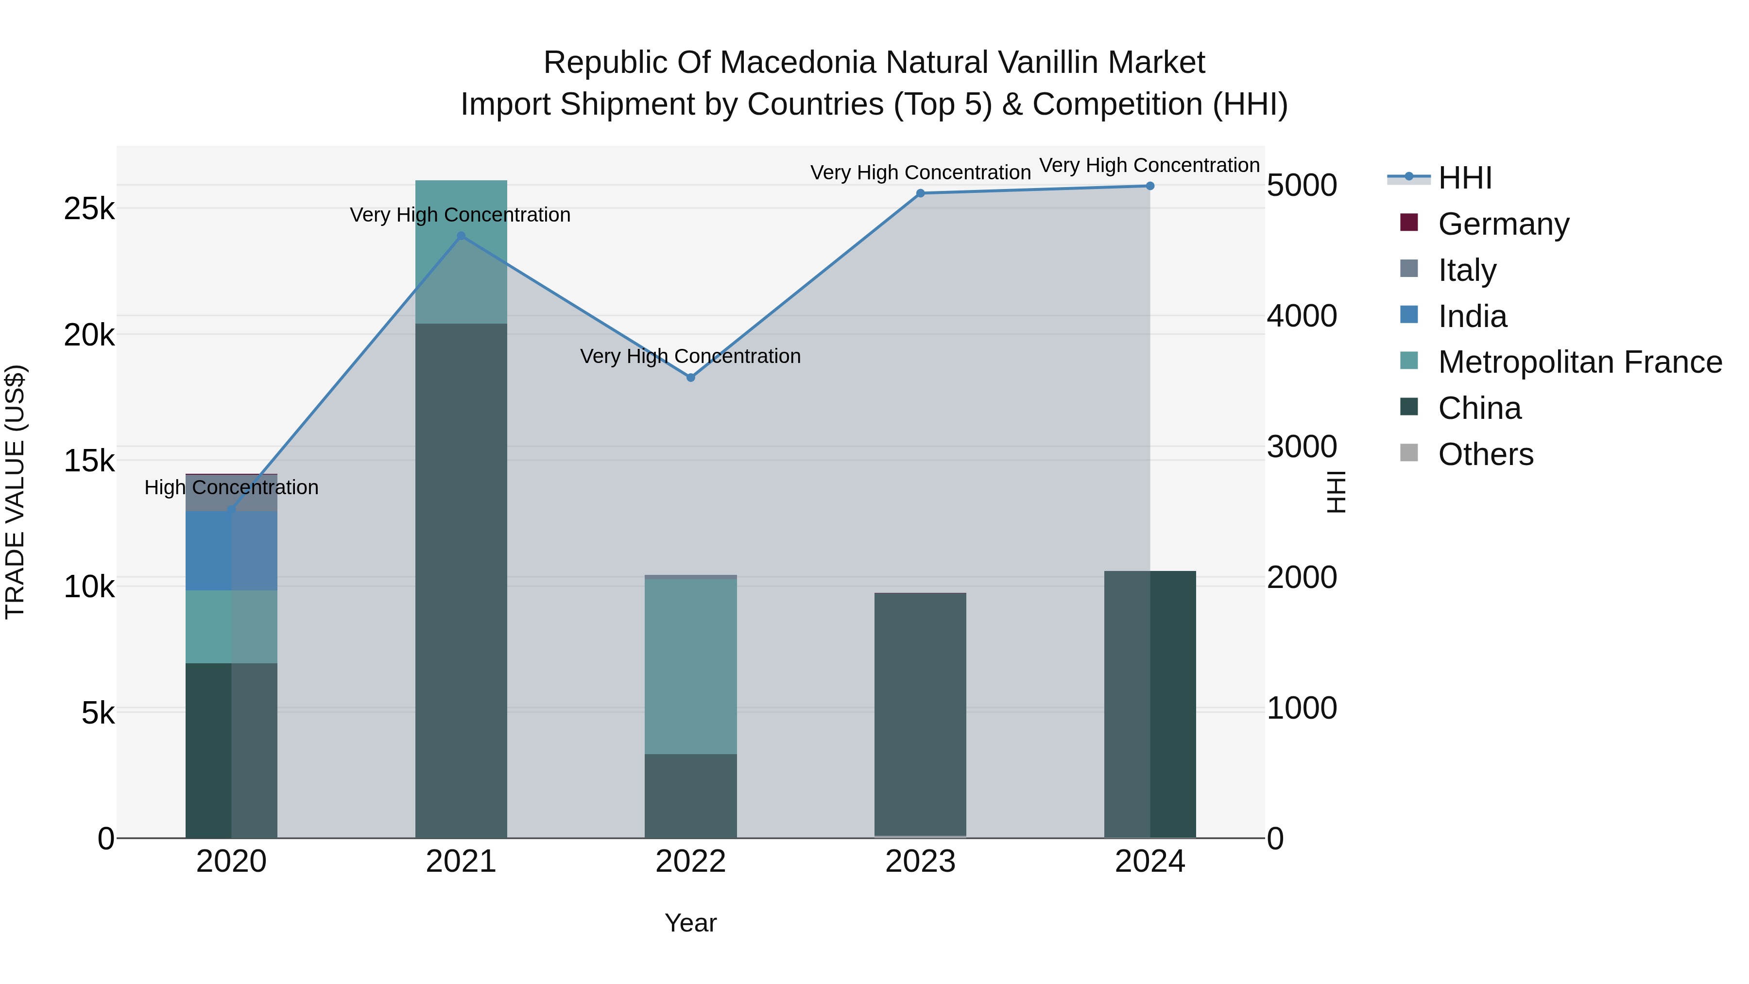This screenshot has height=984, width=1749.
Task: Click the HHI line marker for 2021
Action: (x=461, y=236)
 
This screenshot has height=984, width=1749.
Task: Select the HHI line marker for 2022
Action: (x=690, y=378)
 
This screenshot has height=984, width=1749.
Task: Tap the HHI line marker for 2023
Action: (x=920, y=193)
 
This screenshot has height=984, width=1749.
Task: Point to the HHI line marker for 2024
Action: (x=1149, y=186)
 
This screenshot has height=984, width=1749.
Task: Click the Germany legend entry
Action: (x=1503, y=224)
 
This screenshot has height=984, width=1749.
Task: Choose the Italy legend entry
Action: (x=1467, y=270)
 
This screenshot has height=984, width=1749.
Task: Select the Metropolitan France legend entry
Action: (x=1579, y=362)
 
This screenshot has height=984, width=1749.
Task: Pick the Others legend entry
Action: (x=1485, y=454)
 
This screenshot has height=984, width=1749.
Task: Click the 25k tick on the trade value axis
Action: (x=89, y=208)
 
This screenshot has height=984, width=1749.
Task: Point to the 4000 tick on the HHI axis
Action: (x=1302, y=316)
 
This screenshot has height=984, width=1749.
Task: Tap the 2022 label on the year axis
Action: (x=690, y=862)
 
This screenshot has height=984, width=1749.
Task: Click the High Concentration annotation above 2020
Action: (x=232, y=487)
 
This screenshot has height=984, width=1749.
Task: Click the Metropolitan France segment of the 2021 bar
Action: (x=461, y=252)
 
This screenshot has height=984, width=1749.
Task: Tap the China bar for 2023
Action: (x=920, y=713)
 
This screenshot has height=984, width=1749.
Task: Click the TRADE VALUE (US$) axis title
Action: (x=15, y=492)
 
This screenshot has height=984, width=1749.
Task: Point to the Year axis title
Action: (x=690, y=923)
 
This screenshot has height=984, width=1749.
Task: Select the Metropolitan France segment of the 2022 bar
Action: (x=690, y=666)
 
